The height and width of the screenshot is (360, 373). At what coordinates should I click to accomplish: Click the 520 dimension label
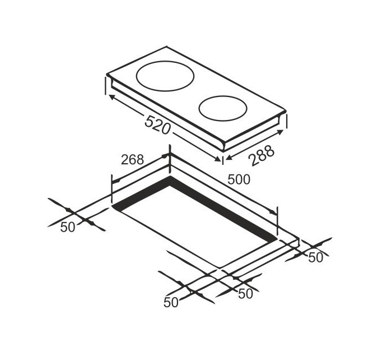[157, 124]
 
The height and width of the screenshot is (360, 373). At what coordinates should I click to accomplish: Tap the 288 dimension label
[262, 156]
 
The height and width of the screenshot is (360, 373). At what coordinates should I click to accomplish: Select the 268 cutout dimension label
[133, 160]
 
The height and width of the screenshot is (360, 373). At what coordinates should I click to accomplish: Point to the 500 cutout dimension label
[239, 179]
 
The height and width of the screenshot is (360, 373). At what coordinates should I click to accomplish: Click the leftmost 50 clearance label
[68, 227]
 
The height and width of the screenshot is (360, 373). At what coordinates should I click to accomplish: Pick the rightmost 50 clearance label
[316, 257]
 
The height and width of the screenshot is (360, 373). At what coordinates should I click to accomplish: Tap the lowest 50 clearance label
[171, 303]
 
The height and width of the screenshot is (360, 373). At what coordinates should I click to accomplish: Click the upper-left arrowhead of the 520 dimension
[111, 96]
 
